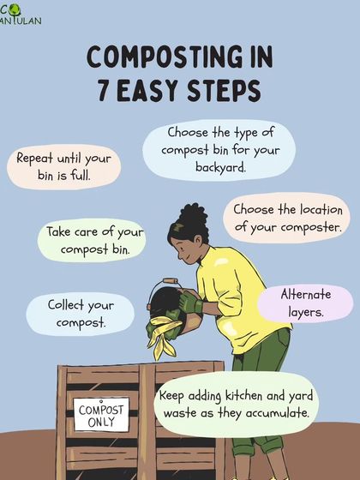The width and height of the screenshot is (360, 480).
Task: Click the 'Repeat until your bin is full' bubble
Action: click(63, 167)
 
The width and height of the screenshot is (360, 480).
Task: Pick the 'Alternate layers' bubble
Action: click(305, 303)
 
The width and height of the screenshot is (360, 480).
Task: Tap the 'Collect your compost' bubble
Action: click(81, 314)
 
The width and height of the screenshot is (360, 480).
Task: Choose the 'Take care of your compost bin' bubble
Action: click(92, 240)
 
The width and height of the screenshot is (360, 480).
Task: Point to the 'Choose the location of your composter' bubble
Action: click(286, 218)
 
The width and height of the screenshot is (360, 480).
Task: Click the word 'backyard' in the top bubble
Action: click(221, 167)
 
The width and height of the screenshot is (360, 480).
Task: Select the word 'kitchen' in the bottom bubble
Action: click(244, 396)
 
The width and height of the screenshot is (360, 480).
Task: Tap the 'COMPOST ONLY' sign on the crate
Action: click(101, 415)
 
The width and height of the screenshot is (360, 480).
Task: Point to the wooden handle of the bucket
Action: click(171, 281)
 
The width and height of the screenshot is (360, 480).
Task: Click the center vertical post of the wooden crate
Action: click(147, 422)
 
